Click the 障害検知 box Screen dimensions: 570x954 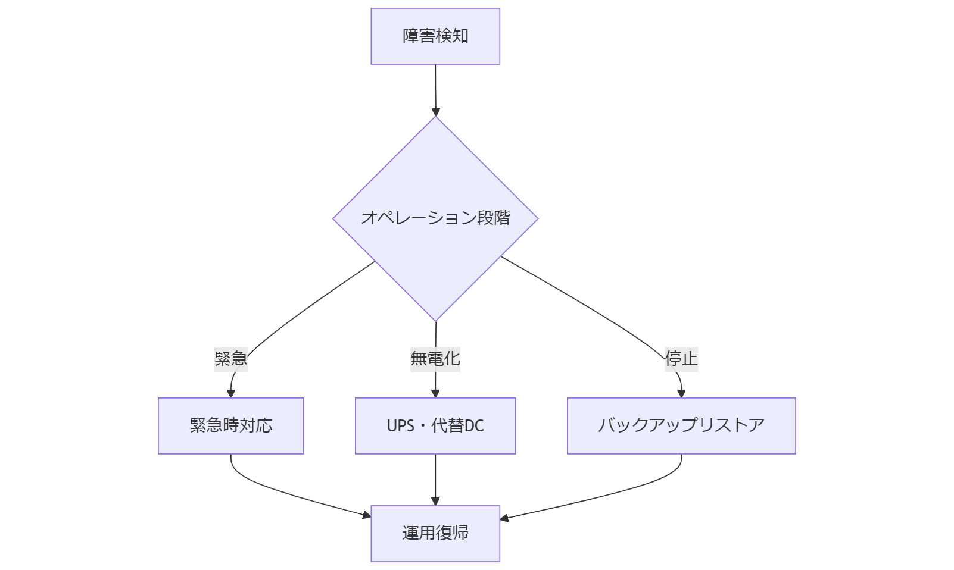coord(435,36)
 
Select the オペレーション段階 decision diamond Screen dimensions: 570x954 coord(435,218)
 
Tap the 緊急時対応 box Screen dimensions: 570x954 coord(231,426)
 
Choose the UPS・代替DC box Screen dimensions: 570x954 coord(435,426)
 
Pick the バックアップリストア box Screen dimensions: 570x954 coord(681,426)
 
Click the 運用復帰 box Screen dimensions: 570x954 coord(435,534)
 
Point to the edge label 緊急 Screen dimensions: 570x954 coord(231,359)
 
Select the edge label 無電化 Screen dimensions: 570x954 coord(435,359)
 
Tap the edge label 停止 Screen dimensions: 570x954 coord(681,359)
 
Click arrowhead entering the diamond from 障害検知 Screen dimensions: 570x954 coord(435,112)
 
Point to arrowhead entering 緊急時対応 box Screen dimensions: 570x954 coord(231,394)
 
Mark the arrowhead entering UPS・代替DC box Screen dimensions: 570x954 coord(435,394)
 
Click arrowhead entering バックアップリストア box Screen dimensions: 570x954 coord(681,394)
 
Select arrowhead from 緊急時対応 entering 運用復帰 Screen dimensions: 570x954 coord(367,515)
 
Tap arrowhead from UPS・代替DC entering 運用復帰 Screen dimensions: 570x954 coord(435,502)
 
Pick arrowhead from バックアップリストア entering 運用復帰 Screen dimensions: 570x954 coord(504,518)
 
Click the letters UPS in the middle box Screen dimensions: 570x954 coord(400,426)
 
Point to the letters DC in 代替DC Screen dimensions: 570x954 coord(474,426)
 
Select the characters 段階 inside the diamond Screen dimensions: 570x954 coord(494,218)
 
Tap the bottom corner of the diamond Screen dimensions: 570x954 coord(435,320)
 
